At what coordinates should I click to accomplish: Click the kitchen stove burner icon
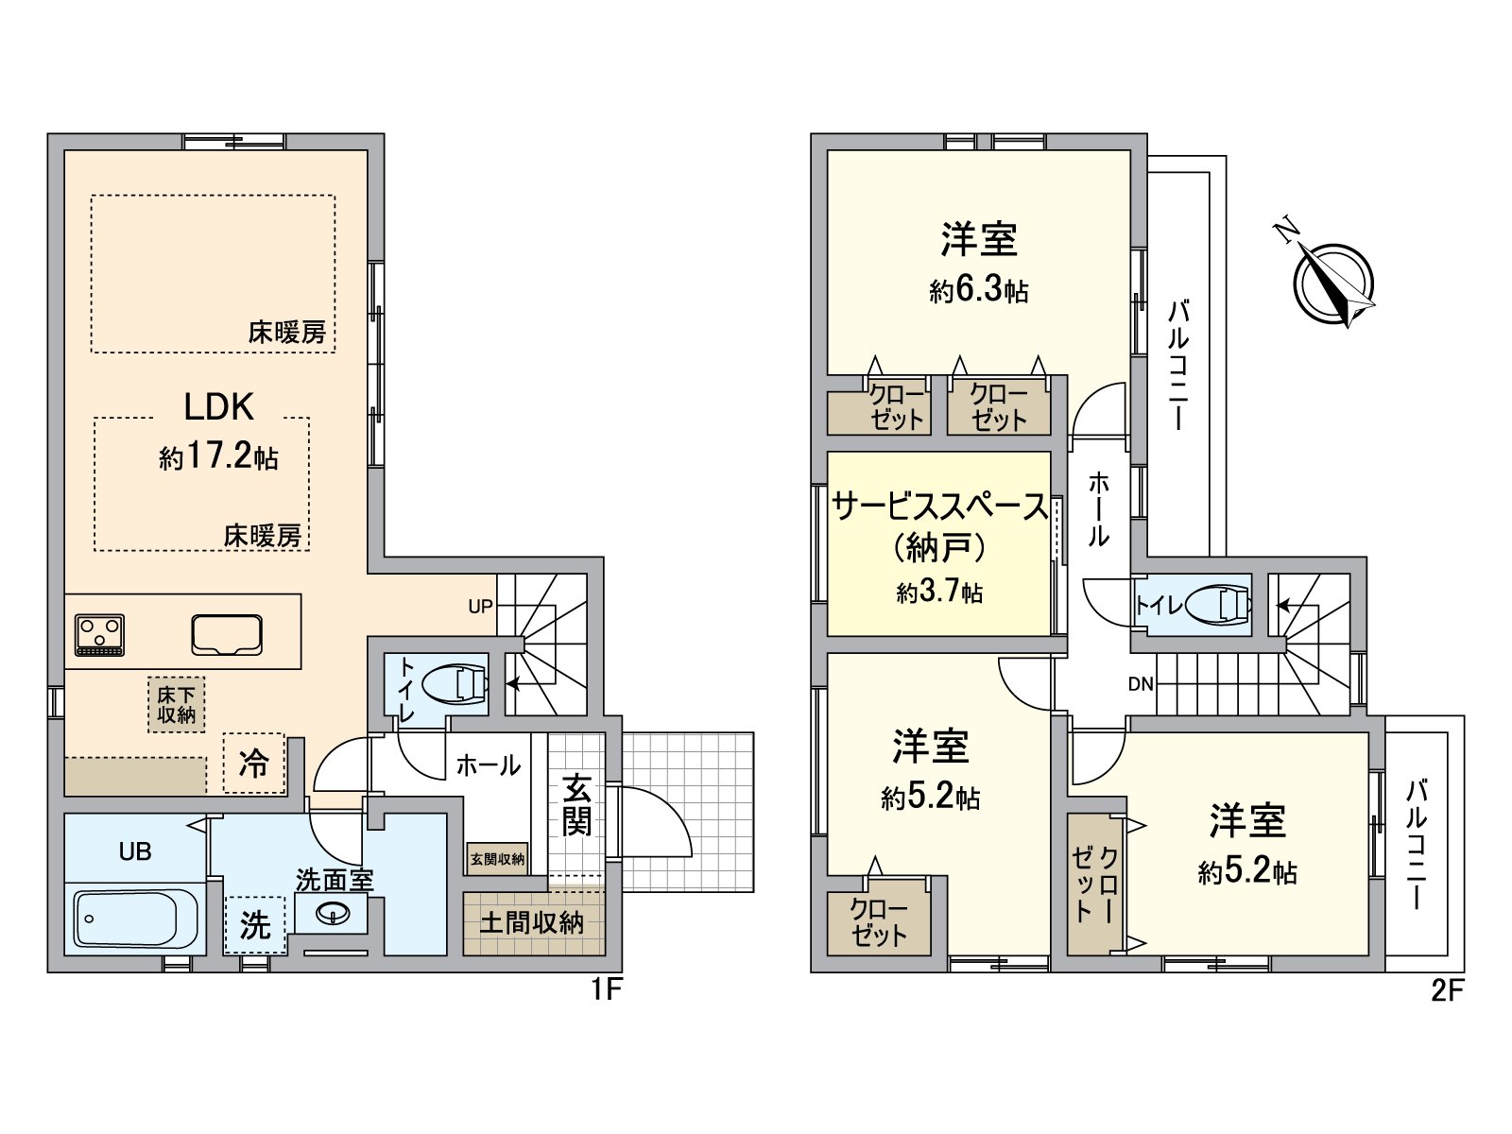[x=99, y=635]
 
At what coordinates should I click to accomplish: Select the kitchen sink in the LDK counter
[x=227, y=635]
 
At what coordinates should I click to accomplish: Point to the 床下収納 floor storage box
[x=177, y=705]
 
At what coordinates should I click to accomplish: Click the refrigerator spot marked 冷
[x=253, y=763]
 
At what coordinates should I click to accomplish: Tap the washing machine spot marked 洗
[x=254, y=924]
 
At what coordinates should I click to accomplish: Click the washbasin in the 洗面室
[x=333, y=913]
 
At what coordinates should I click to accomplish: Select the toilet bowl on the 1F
[x=455, y=684]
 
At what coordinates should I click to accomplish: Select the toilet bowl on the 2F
[x=1219, y=604]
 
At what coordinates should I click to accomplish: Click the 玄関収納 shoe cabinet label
[x=497, y=859]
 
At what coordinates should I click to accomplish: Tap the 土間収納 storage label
[x=531, y=922]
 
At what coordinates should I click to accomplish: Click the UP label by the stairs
[x=480, y=607]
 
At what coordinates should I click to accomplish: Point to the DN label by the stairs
[x=1141, y=684]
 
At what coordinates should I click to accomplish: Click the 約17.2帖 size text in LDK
[x=218, y=456]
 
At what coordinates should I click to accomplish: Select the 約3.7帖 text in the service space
[x=939, y=592]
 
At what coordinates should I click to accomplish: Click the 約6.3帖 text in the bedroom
[x=978, y=289]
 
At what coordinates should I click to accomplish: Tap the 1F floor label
[x=606, y=989]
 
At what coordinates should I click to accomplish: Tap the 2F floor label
[x=1447, y=990]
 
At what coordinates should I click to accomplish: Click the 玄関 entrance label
[x=576, y=805]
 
